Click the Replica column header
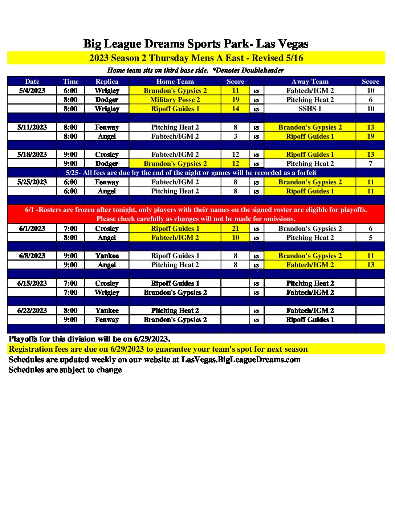[x=107, y=81]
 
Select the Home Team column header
[x=175, y=81]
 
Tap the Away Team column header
[x=310, y=81]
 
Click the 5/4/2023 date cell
[x=32, y=90]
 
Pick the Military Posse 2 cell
[x=175, y=99]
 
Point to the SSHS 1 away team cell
[x=310, y=109]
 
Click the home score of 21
[x=235, y=228]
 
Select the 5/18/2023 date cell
[x=32, y=154]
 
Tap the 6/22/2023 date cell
[x=32, y=310]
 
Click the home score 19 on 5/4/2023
[x=235, y=99]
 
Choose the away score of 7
[x=370, y=163]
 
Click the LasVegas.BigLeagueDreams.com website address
[x=241, y=360]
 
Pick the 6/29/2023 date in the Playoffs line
[x=151, y=339]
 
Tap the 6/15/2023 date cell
[x=32, y=283]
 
